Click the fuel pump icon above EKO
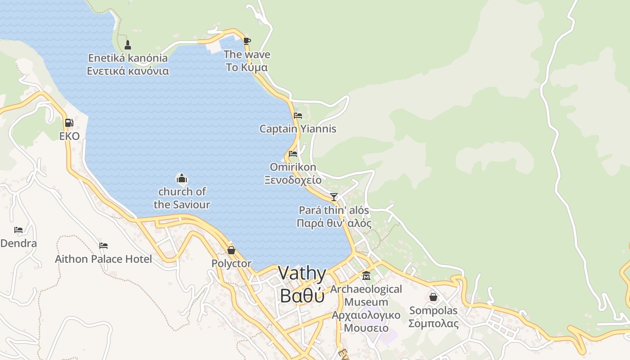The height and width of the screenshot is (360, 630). tap(69, 122)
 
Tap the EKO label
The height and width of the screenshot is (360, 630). tap(69, 136)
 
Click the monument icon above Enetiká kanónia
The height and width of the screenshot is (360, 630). tap(128, 45)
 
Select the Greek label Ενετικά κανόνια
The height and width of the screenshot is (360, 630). tap(128, 71)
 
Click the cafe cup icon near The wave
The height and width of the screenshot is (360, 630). tap(247, 41)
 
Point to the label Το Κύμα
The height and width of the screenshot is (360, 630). tap(247, 67)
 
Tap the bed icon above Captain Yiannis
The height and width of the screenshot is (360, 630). tap(297, 116)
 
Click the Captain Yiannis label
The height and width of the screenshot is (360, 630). tap(297, 129)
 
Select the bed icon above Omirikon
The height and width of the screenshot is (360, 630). tap(293, 154)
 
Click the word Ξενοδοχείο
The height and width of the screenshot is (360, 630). tap(293, 180)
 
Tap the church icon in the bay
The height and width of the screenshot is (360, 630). tap(182, 179)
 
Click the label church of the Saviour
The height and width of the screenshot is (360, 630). tap(182, 198)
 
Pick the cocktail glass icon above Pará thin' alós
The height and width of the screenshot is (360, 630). tap(334, 197)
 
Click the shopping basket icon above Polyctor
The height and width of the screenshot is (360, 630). tap(231, 250)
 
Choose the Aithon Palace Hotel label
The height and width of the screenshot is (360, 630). tap(103, 259)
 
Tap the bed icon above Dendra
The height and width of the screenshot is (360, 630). tap(18, 230)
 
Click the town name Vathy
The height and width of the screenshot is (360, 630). tap(302, 273)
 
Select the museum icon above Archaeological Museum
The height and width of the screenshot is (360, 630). tap(366, 275)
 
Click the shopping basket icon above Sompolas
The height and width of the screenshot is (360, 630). tap(433, 297)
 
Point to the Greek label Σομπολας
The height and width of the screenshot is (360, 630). tap(433, 323)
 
